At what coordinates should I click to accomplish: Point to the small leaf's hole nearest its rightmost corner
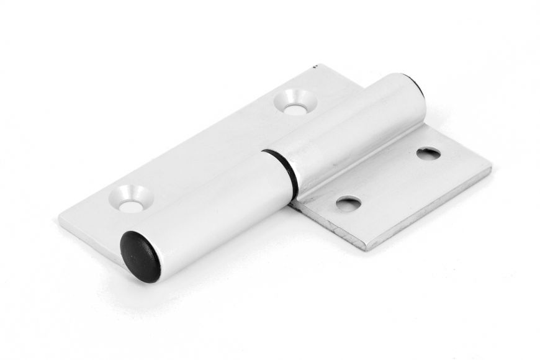coord(428,153)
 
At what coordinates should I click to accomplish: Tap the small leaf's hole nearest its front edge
coord(348,202)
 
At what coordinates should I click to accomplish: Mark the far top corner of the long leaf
coord(317,67)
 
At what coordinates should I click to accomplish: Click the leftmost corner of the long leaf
coord(60,218)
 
